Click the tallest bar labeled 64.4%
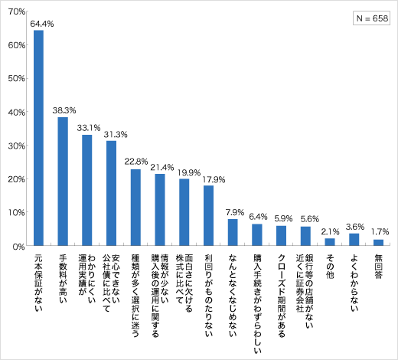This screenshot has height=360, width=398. click(38, 138)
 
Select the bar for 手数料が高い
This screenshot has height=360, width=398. click(63, 182)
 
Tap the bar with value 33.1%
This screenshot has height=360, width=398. click(87, 190)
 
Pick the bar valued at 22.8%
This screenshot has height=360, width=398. click(135, 208)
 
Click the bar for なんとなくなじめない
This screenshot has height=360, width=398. click(233, 232)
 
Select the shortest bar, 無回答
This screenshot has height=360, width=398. click(378, 243)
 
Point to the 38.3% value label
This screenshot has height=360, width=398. click(63, 110)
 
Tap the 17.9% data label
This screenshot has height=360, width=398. click(208, 179)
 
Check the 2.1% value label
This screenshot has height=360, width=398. click(330, 231)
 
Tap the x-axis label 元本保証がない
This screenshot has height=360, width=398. click(38, 280)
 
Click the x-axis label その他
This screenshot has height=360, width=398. click(330, 264)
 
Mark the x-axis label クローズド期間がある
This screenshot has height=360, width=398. click(281, 286)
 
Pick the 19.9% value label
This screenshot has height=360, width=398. click(184, 172)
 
